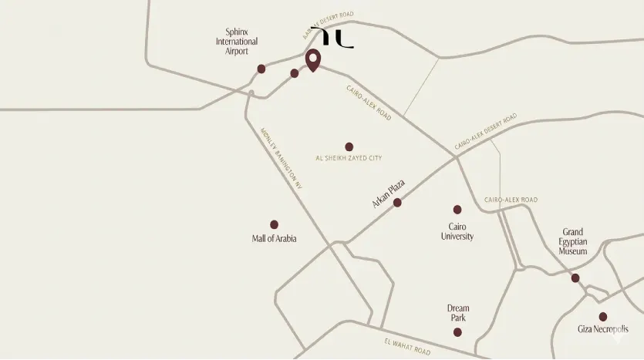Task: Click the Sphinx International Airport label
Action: coord(237,42)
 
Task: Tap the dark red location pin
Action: coord(313,60)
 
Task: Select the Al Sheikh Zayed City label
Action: coord(349,158)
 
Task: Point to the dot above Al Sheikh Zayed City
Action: coord(349,146)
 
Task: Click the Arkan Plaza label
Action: coord(388,193)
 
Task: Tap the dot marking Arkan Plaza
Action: coord(397,203)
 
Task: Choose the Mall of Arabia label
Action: coord(274,239)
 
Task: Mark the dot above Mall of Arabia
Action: coord(274,224)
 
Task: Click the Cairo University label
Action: coord(457,231)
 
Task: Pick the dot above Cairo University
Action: coord(457,210)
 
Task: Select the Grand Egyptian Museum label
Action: coord(573,241)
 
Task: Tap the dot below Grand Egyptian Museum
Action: coord(575,278)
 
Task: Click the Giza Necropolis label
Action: coord(603,330)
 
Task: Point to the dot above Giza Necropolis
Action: coord(603,316)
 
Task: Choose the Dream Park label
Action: coord(458,313)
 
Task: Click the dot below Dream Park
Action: coord(457,332)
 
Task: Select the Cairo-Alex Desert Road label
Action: coord(486,131)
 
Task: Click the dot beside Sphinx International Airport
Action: coord(261,69)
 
